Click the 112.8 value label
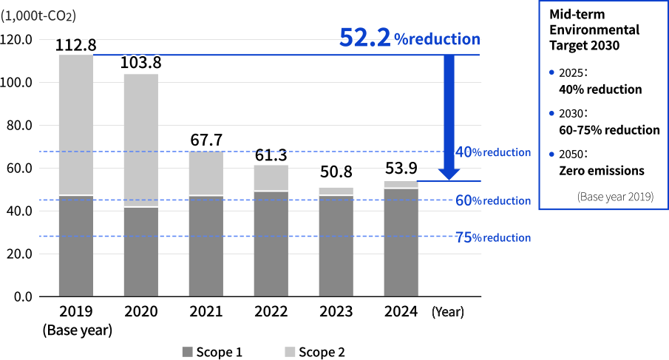[x=75, y=45]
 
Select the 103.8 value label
[x=140, y=63]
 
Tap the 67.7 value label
[x=206, y=140]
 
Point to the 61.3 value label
[x=271, y=155]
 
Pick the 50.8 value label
[x=336, y=172]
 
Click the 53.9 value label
[x=401, y=169]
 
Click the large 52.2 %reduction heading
[x=410, y=38]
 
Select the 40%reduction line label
[x=493, y=152]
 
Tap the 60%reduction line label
[x=493, y=200]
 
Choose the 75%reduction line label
[x=493, y=237]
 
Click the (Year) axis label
[x=447, y=312]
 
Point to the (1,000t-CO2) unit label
[x=38, y=16]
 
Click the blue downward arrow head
[x=449, y=174]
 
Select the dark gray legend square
[x=187, y=352]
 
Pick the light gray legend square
[x=290, y=352]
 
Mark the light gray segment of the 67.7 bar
[x=206, y=173]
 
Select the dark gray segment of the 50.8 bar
[x=336, y=245]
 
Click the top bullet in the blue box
[x=551, y=72]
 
